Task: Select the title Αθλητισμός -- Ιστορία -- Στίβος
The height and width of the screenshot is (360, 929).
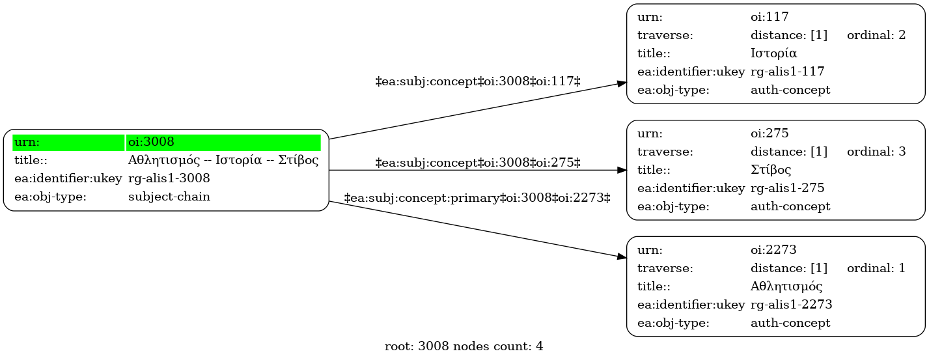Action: point(223,160)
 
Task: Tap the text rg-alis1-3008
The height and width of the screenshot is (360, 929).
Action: point(169,178)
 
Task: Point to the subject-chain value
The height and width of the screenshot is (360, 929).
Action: point(169,197)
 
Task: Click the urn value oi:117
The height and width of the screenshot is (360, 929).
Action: point(770,17)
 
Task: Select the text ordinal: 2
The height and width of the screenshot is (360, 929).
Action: point(876,35)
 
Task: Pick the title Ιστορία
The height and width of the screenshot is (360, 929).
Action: point(773,53)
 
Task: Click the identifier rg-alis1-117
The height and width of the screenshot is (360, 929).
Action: point(787,72)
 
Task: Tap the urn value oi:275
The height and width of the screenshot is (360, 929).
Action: point(770,133)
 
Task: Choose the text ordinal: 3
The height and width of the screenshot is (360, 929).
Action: point(876,152)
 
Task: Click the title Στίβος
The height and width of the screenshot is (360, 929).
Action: point(771,170)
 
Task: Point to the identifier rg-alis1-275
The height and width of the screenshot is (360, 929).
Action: point(787,188)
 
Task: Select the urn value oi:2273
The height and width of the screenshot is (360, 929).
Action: point(773,250)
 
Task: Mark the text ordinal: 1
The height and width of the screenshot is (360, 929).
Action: point(876,268)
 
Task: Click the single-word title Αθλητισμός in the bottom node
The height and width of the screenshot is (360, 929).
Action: point(786,286)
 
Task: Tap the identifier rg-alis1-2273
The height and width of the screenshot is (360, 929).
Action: point(791,305)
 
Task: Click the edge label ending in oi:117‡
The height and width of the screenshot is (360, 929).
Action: point(477,81)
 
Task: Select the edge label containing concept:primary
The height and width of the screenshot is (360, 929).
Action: point(477,198)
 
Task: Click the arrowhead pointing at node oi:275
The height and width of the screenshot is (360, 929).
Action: point(622,170)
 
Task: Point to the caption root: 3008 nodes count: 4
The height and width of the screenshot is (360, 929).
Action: point(464,346)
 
